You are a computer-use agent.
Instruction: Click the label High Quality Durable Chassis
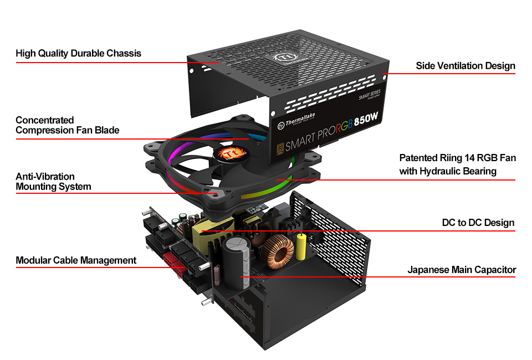click(78, 54)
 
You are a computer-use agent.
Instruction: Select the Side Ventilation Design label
click(465, 66)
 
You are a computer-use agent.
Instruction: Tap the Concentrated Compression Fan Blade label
click(67, 125)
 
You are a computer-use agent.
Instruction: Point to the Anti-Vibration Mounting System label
click(53, 182)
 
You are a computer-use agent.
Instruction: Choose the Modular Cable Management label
click(76, 260)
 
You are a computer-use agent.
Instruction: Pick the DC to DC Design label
click(478, 223)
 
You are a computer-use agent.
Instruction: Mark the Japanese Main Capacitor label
click(462, 270)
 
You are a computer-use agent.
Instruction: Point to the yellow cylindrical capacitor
click(302, 246)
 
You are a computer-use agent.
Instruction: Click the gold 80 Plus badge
click(281, 148)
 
